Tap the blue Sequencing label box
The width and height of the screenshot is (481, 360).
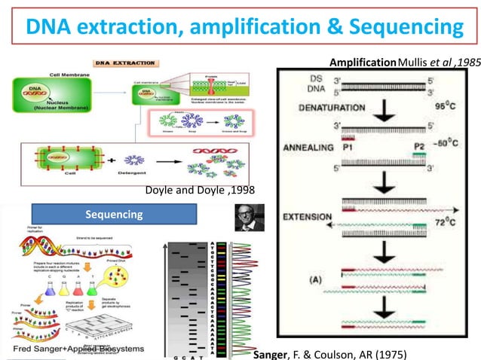(113, 215)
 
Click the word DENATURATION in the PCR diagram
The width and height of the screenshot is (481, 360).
(326, 107)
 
